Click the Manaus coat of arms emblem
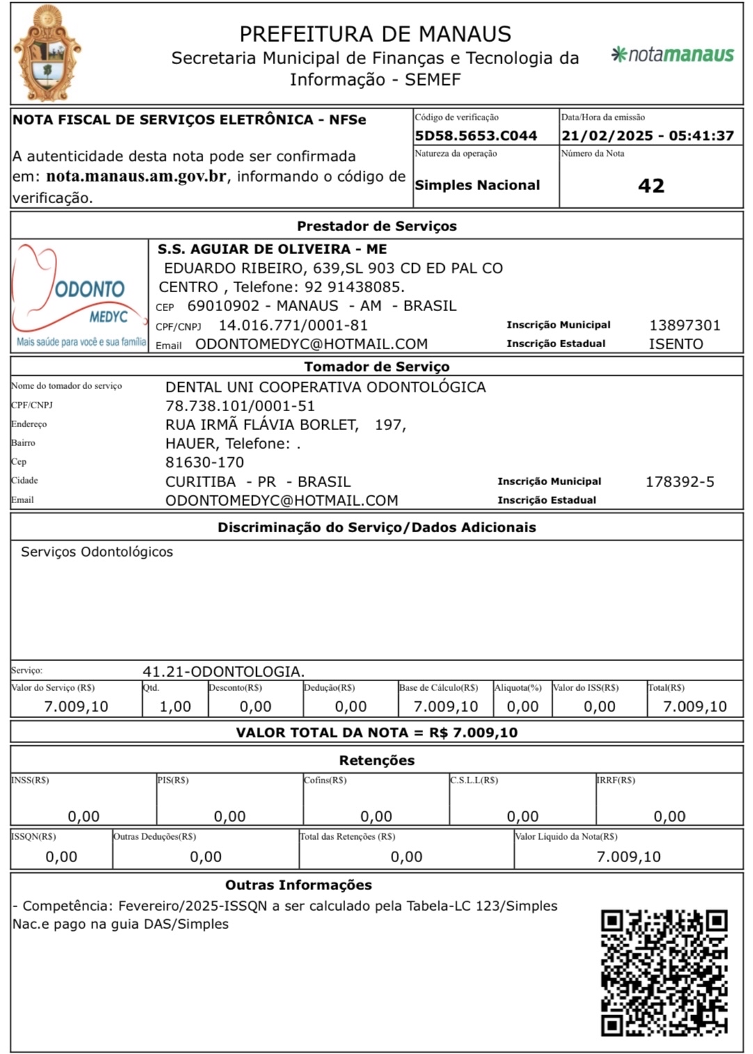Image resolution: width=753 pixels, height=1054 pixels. tap(47, 54)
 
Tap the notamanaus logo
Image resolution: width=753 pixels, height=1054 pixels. tap(672, 54)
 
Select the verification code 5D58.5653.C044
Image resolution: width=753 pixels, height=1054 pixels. tap(476, 136)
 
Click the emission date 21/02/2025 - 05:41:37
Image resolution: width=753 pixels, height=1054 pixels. tap(647, 136)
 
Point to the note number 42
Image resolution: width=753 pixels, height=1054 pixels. tap(651, 186)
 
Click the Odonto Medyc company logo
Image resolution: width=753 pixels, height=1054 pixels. tap(79, 296)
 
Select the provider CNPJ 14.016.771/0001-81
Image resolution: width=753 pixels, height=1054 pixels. tap(293, 325)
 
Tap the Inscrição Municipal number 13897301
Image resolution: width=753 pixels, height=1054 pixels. tap(685, 325)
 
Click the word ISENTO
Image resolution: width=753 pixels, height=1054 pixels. tap(676, 344)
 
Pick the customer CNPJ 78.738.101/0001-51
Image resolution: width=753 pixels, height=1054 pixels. tap(240, 406)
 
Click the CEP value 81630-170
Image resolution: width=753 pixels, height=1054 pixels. tap(205, 463)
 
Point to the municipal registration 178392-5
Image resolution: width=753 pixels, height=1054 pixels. tap(679, 481)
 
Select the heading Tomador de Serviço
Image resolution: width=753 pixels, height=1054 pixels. tap(376, 367)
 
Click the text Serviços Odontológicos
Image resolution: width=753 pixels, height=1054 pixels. tap(97, 552)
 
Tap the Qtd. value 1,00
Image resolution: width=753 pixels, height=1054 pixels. tap(175, 707)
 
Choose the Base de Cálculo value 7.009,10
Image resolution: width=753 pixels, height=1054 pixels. tap(445, 707)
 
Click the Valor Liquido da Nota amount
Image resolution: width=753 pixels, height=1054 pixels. tap(628, 857)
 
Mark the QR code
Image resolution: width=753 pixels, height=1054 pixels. tap(664, 972)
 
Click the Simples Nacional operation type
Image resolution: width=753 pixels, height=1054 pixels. tap(477, 185)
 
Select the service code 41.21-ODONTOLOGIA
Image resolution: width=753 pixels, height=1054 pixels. tap(223, 671)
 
